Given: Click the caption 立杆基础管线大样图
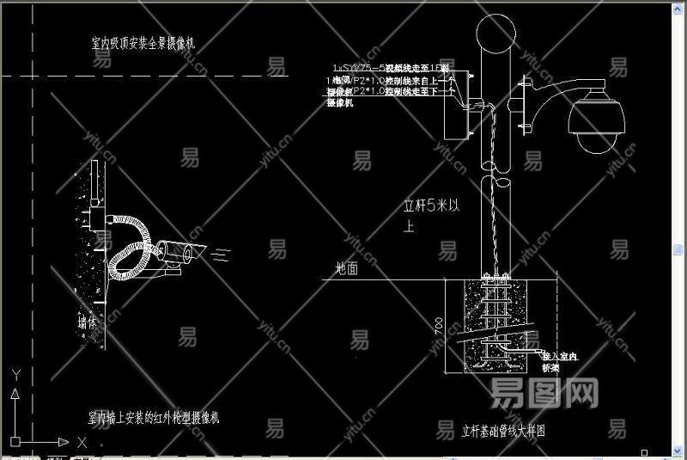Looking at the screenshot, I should pyautogui.click(x=504, y=430).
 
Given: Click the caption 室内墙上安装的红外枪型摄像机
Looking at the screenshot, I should pyautogui.click(x=155, y=418).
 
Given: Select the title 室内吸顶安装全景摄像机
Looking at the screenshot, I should pyautogui.click(x=149, y=41).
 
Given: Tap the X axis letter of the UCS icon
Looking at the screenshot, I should pyautogui.click(x=82, y=442).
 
